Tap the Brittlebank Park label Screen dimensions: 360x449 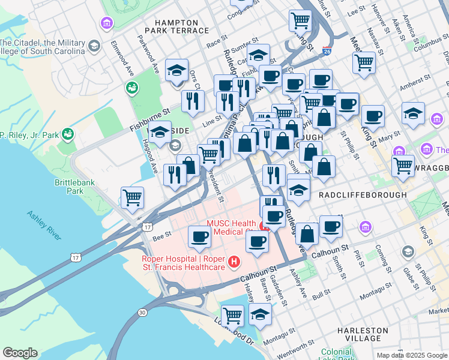coord(83,185)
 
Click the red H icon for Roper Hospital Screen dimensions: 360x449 coord(234,262)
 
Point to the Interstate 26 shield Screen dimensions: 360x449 coord(326,52)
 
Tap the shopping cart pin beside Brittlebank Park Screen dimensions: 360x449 coord(132,197)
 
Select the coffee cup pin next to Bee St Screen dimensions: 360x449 coord(199,236)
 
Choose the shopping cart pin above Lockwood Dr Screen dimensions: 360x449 coord(232,315)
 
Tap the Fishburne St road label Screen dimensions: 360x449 coord(150,120)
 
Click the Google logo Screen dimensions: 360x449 coord(20,353)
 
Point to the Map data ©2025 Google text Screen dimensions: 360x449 coord(411,355)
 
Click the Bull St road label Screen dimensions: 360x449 coord(322,293)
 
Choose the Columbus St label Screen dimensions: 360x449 coord(427,44)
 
